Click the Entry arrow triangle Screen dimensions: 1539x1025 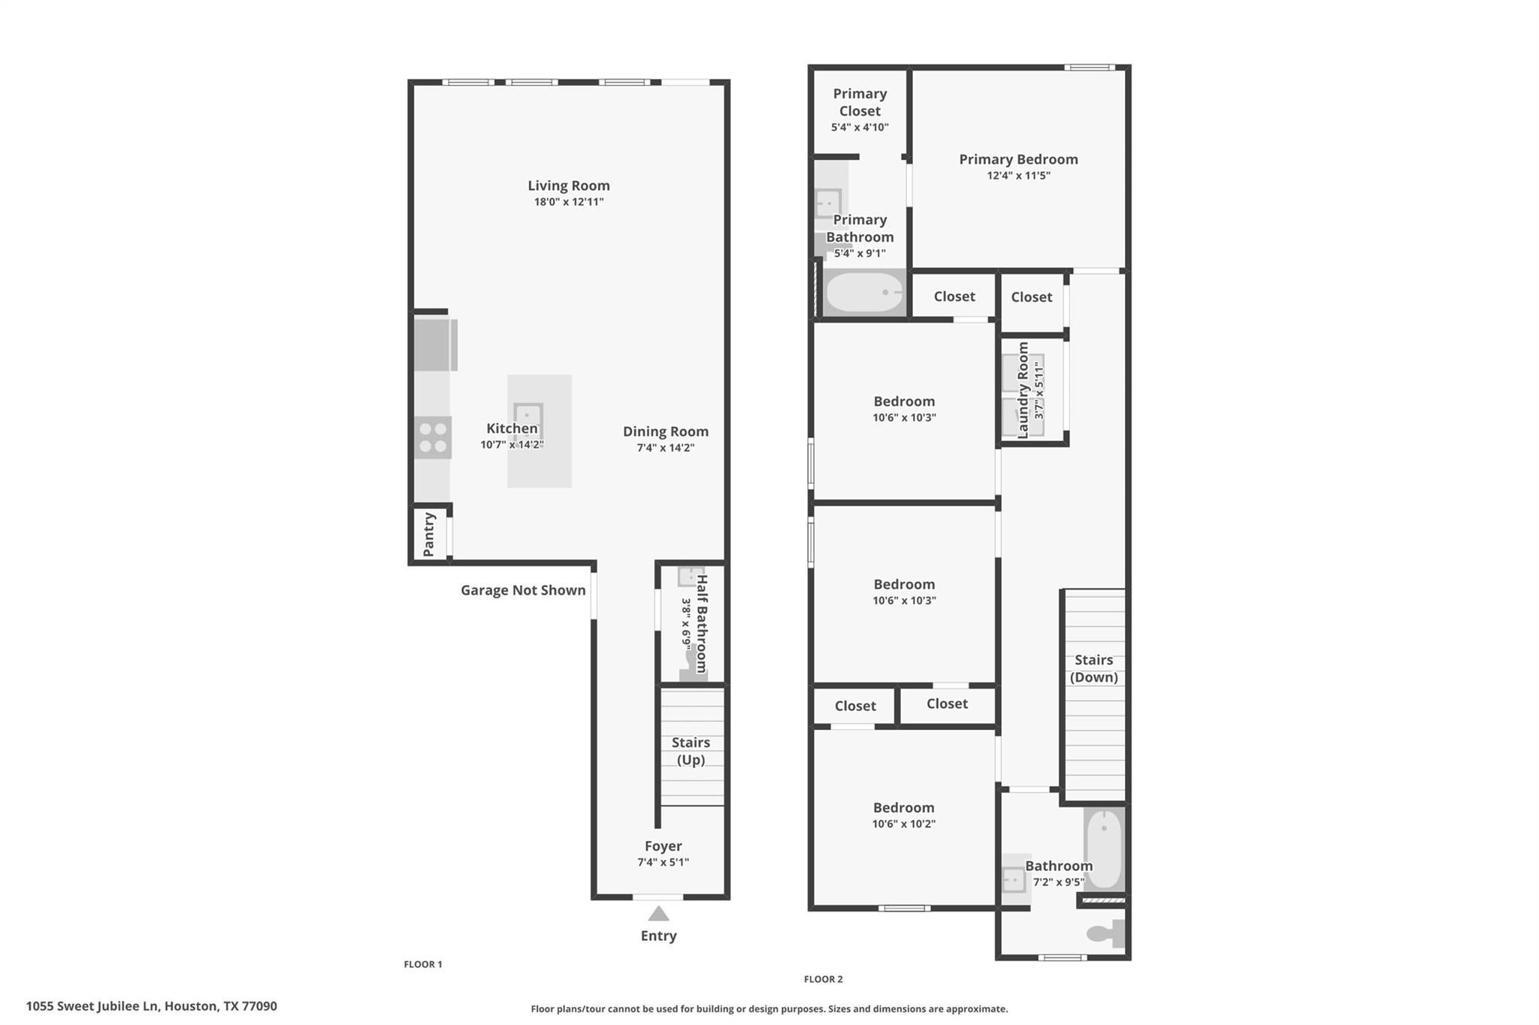(658, 913)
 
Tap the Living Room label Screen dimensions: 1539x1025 (569, 185)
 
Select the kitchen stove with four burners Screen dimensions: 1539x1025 (433, 437)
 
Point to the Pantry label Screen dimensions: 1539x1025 (429, 535)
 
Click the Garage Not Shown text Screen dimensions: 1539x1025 (523, 590)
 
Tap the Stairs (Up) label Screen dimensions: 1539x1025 (691, 751)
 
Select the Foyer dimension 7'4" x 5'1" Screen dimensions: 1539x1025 (663, 862)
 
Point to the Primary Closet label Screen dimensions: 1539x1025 (860, 102)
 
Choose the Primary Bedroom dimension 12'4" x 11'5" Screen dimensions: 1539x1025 (1018, 176)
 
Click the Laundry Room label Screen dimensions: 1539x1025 (1023, 390)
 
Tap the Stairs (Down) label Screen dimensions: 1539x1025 (1093, 668)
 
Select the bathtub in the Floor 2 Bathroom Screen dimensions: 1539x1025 (1104, 850)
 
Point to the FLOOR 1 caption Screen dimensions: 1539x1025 (423, 964)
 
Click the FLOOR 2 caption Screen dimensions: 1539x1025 (824, 979)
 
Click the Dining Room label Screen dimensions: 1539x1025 (666, 432)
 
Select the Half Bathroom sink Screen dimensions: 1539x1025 (690, 577)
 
